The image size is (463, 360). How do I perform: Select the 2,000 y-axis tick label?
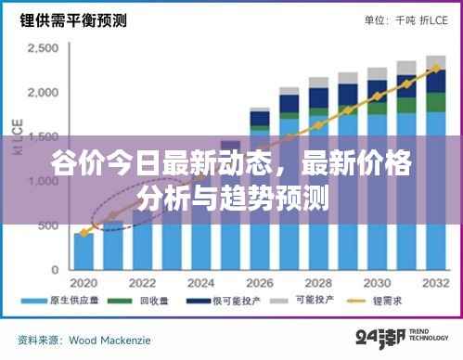click(x=45, y=92)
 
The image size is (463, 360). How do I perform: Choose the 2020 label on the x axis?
click(x=84, y=283)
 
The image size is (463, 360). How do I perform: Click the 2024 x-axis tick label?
click(x=200, y=283)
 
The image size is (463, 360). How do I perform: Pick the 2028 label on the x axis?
click(x=317, y=283)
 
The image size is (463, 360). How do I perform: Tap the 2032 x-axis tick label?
click(x=433, y=283)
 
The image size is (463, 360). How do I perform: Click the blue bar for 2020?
click(x=84, y=251)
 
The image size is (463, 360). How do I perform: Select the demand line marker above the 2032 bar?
click(x=434, y=68)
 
